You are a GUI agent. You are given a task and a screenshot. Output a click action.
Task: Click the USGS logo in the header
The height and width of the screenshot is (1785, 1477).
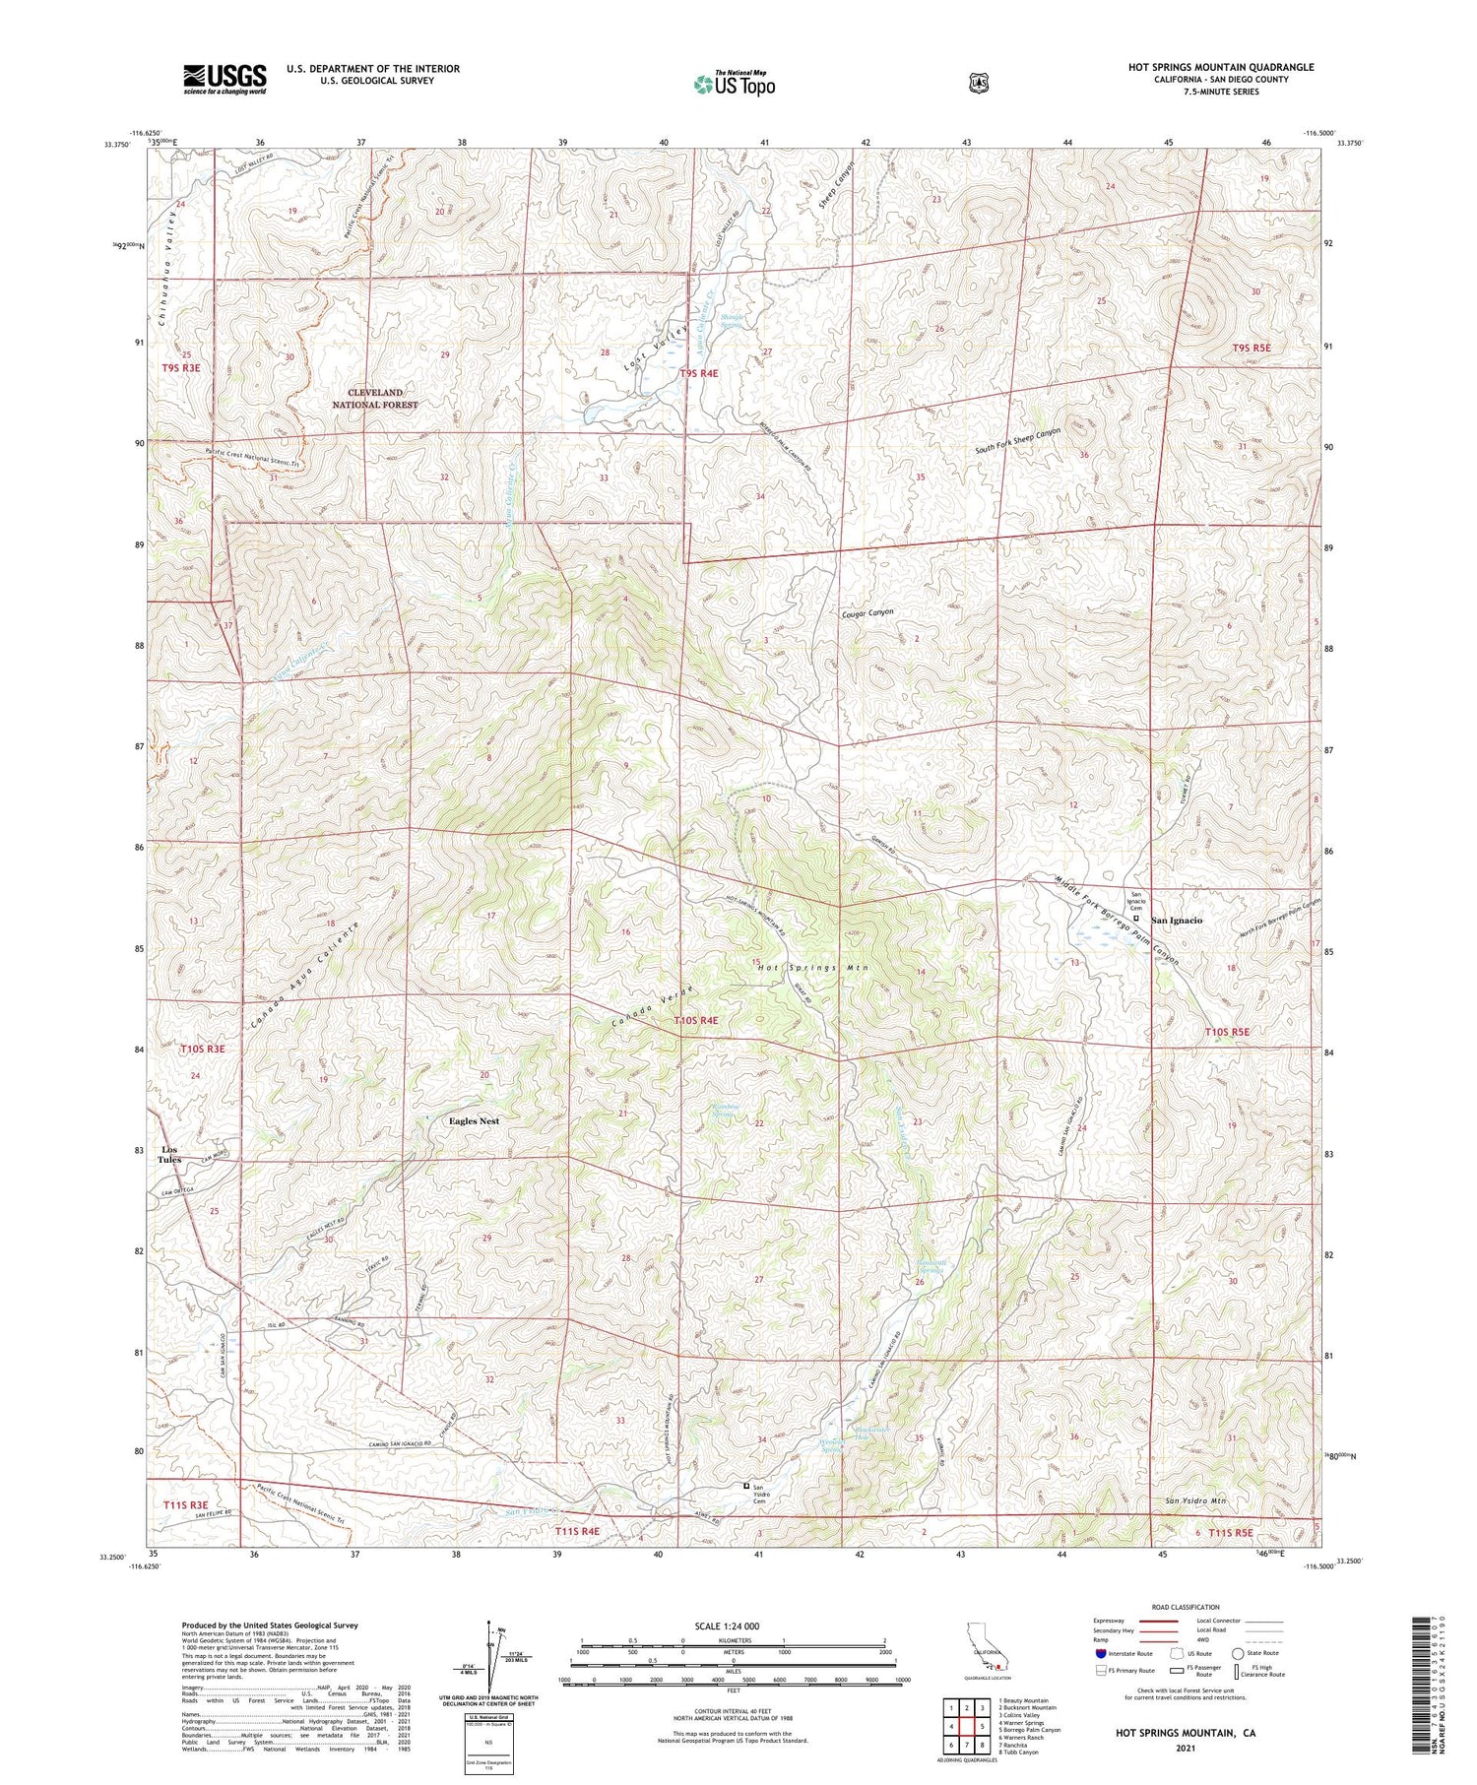pos(225,79)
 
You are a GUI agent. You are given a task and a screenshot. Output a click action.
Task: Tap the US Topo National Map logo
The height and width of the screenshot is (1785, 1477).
pos(734,84)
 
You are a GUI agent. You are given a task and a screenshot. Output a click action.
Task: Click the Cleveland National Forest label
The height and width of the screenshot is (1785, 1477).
pos(374,399)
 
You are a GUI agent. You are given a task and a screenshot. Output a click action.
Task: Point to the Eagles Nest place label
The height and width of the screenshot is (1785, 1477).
pos(474,1120)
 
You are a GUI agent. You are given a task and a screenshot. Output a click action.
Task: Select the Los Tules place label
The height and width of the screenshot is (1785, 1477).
pos(169,1154)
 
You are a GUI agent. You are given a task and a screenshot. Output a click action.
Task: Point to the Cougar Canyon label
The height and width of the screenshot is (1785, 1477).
pos(867,611)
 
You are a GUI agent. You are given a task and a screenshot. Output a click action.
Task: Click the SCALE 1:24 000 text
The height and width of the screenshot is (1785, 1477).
pos(734,1626)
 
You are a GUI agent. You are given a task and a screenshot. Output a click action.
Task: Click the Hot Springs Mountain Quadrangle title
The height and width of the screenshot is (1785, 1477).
pos(1220,67)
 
